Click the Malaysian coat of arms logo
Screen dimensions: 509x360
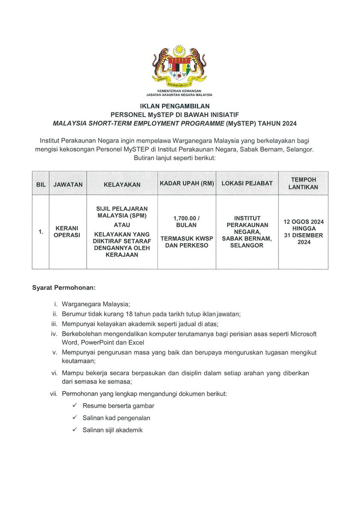tap(179, 66)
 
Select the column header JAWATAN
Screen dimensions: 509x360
tap(68, 184)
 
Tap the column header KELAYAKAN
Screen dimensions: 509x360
tap(122, 184)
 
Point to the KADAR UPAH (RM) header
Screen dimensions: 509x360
tap(187, 184)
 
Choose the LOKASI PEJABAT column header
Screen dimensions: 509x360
tap(247, 184)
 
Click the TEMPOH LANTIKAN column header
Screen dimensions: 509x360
tap(303, 184)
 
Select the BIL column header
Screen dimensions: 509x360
tap(41, 184)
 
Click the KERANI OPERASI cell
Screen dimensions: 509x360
tap(67, 232)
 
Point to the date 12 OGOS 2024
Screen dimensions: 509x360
tap(304, 222)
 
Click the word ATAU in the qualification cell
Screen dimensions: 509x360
tap(122, 225)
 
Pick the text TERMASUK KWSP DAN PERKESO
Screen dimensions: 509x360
tap(187, 242)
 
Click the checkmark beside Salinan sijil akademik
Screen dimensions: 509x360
tap(75, 430)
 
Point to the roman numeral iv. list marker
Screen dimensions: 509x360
tap(54, 334)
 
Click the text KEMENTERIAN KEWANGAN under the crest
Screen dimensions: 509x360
tap(179, 91)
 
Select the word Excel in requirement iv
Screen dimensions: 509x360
tap(136, 343)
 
